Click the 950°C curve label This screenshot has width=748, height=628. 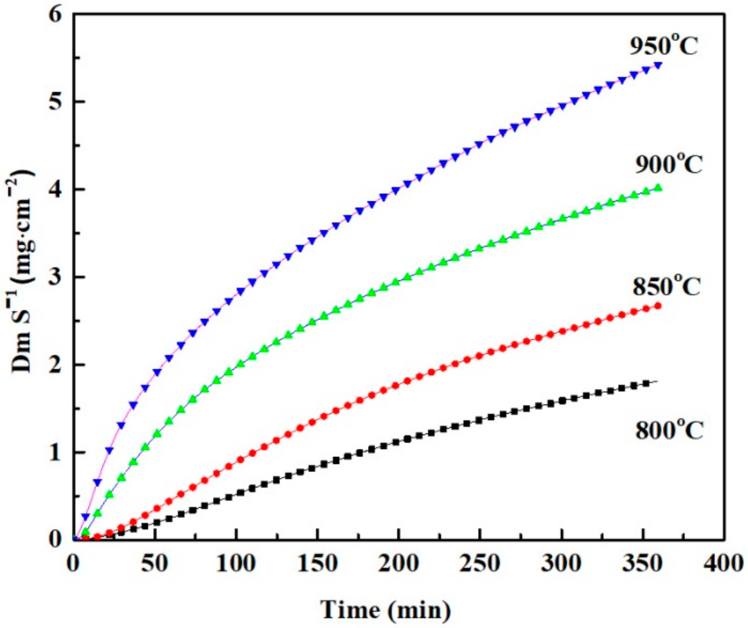click(664, 46)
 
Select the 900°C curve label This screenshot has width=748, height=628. click(668, 164)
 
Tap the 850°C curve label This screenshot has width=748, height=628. click(666, 286)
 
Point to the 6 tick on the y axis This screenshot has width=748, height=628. click(55, 16)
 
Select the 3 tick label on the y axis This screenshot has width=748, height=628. click(55, 277)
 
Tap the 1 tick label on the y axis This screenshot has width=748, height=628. click(55, 453)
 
